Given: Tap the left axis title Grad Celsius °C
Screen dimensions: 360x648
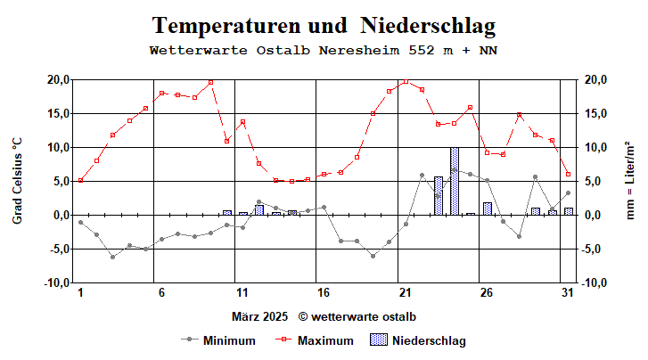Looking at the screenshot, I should point(17,181).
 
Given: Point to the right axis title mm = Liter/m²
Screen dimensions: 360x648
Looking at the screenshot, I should point(630,181).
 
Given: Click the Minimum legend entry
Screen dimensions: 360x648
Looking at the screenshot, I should point(229,340).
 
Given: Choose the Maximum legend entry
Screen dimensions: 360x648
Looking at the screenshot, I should point(325,340).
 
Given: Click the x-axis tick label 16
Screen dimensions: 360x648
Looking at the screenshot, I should point(324,293).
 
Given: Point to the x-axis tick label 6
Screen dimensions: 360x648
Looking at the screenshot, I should point(161,293).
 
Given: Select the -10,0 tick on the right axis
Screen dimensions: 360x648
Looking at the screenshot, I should point(595,282).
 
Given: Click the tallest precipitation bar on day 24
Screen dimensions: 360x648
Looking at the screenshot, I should point(455,181).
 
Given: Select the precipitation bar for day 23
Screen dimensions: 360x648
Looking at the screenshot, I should point(438,196).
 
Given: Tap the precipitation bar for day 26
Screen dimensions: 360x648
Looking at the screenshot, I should point(487,209).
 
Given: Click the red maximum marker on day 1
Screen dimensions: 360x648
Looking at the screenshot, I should point(80,180).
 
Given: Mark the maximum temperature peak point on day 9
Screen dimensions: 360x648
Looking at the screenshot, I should point(210,82).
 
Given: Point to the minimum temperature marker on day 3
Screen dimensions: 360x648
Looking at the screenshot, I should point(112,257).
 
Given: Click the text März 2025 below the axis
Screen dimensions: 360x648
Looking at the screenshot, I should point(260,316).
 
